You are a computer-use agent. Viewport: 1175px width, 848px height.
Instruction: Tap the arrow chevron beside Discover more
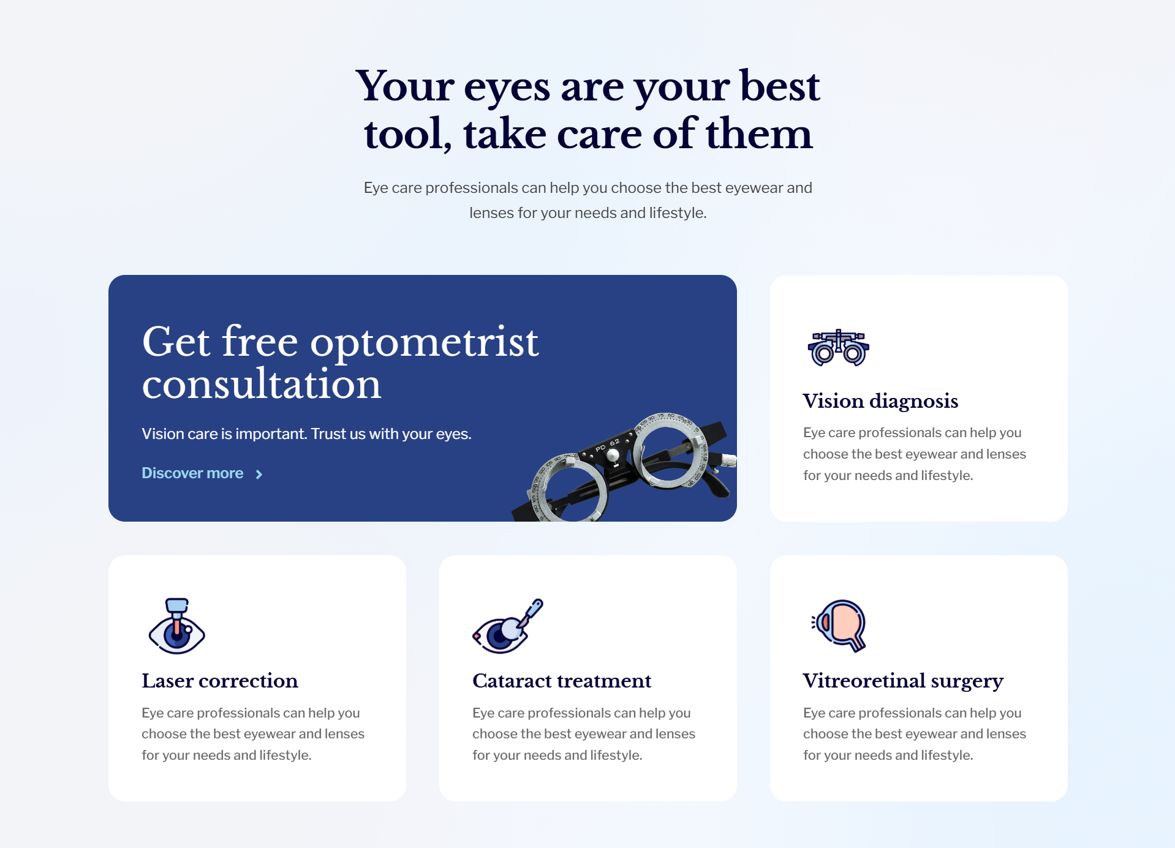point(259,475)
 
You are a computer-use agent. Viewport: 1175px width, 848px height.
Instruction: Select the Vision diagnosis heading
point(880,400)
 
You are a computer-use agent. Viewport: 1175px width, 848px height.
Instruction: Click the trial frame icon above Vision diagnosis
point(838,347)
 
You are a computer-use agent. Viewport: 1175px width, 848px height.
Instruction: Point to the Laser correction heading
point(220,680)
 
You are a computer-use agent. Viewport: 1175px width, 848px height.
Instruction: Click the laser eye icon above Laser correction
point(176,626)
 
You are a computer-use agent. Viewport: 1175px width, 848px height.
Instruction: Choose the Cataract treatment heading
point(562,680)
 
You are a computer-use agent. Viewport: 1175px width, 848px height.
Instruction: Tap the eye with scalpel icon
point(508,626)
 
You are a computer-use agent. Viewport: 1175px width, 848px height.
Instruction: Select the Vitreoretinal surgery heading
point(903,681)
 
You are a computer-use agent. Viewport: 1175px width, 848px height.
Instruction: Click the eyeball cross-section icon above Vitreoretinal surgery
point(839,626)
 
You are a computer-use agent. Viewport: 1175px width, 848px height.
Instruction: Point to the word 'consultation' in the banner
point(262,385)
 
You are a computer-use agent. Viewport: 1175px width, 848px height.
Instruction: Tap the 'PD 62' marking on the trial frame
point(608,445)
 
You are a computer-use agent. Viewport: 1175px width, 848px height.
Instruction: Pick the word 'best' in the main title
point(779,86)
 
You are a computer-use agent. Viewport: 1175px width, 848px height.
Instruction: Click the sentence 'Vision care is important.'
point(224,433)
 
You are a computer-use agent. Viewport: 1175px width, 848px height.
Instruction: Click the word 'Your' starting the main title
point(404,86)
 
